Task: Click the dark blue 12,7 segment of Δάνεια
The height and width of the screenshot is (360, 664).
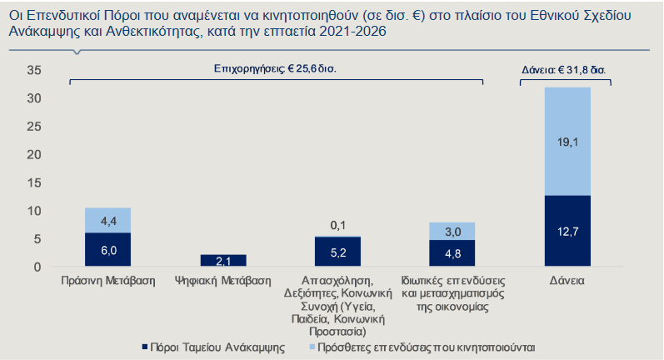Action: (567, 231)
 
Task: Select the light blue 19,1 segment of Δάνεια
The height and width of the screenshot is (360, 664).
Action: (567, 141)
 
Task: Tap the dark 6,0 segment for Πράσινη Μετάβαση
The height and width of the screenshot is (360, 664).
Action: (108, 249)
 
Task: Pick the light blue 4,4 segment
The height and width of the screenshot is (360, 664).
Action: (108, 220)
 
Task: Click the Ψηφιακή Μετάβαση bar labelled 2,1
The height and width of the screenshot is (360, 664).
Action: (223, 261)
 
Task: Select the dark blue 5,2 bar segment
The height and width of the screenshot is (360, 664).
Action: (337, 252)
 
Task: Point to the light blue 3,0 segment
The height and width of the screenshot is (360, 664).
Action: (452, 231)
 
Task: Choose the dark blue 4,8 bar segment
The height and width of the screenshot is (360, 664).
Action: (452, 253)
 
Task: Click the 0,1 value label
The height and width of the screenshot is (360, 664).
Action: (337, 226)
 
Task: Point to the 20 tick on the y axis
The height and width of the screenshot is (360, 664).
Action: (34, 154)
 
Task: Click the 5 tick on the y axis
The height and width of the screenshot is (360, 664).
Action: (37, 238)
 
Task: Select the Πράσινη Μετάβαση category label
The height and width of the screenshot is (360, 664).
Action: (108, 281)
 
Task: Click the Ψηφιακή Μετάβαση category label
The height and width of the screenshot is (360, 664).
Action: (223, 281)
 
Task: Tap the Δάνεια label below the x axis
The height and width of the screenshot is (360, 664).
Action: (567, 281)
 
